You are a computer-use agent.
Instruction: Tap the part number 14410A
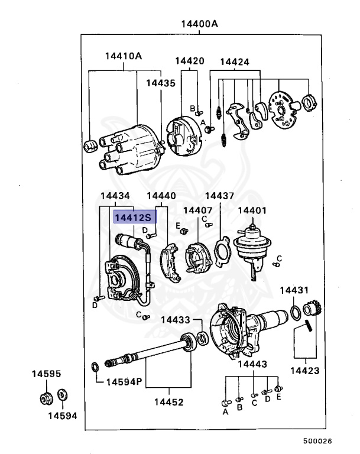click(x=124, y=56)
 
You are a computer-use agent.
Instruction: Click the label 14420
click(x=189, y=61)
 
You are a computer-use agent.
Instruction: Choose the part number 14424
click(x=235, y=61)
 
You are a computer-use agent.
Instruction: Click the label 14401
click(x=252, y=210)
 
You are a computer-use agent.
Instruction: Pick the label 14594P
click(x=124, y=382)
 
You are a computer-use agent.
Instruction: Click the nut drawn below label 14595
click(x=46, y=397)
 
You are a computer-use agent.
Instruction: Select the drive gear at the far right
click(x=311, y=310)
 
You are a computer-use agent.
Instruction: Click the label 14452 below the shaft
click(x=169, y=402)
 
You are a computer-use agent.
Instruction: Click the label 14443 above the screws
click(x=252, y=364)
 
